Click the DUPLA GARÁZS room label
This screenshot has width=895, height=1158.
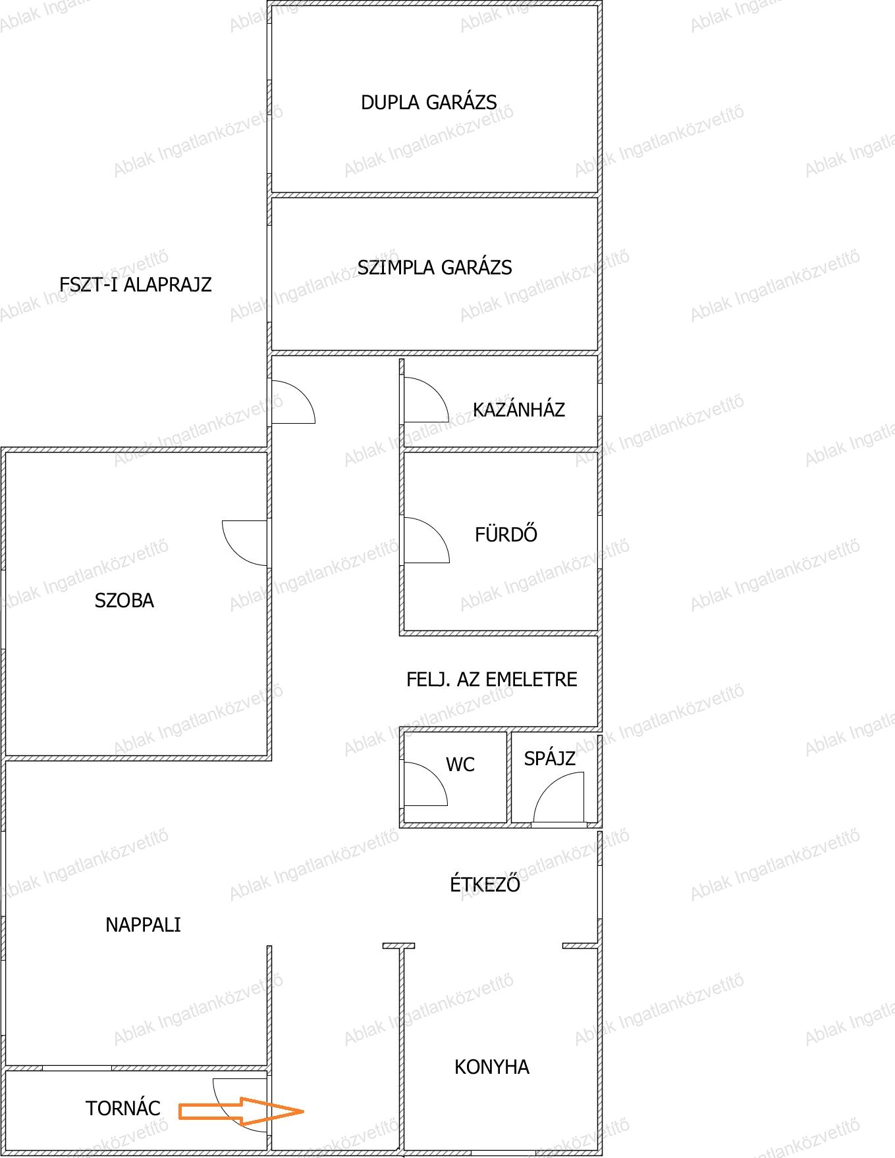429,103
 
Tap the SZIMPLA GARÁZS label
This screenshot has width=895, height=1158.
435,267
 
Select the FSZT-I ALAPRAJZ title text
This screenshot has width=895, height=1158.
136,285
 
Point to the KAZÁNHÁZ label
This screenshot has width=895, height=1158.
519,410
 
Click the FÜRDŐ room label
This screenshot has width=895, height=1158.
506,533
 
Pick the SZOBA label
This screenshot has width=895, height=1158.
124,601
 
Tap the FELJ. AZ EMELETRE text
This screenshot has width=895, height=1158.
492,680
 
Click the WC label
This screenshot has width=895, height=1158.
460,765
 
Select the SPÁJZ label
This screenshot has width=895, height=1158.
550,759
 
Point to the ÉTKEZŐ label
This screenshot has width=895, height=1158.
485,884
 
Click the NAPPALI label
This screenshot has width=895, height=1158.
143,925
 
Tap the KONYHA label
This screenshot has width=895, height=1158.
492,1067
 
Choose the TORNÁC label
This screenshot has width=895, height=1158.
123,1109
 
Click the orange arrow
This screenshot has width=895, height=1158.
242,1111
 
